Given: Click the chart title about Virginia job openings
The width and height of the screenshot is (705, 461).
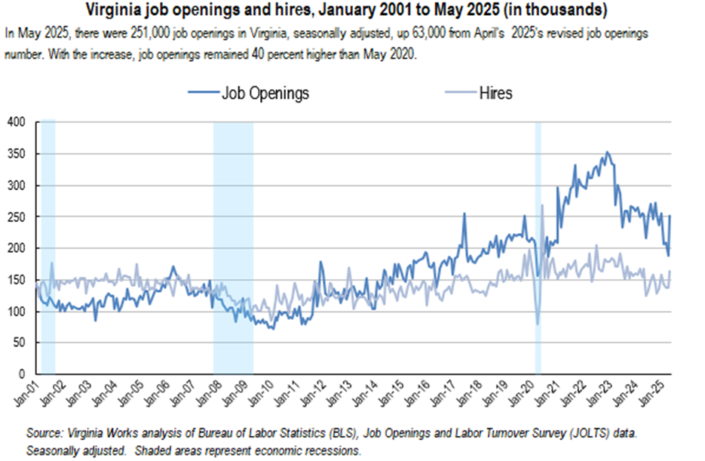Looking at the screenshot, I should pyautogui.click(x=352, y=11).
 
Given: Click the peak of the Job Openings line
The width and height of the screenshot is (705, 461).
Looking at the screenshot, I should pyautogui.click(x=608, y=152).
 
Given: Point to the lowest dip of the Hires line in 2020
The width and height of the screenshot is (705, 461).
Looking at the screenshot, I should pyautogui.click(x=538, y=324).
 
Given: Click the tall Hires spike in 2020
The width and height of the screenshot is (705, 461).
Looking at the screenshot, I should pyautogui.click(x=542, y=205).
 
